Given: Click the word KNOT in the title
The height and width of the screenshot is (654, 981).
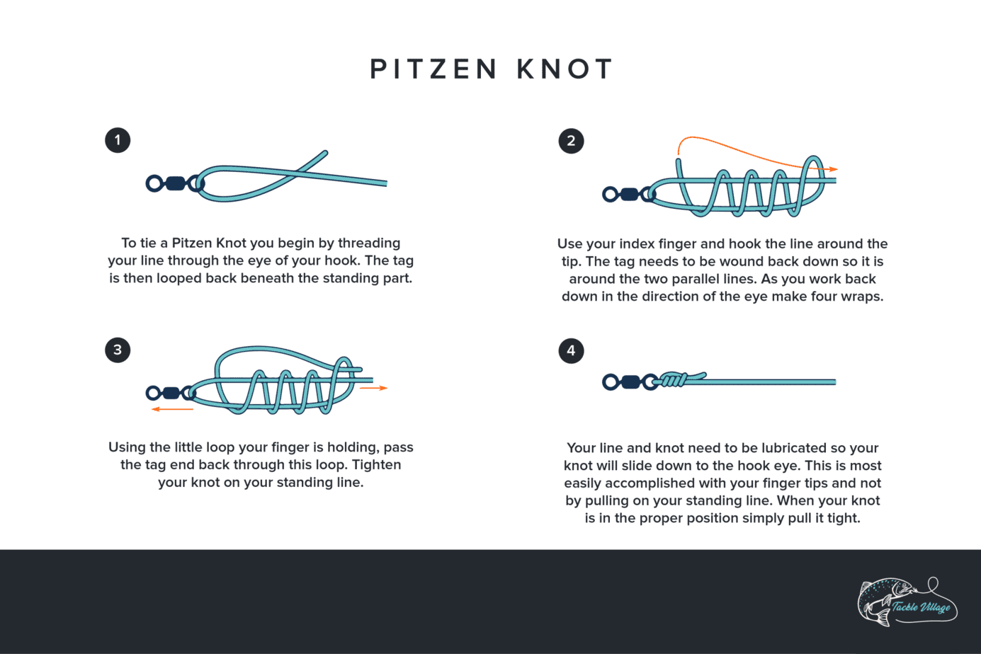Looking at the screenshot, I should click(565, 69).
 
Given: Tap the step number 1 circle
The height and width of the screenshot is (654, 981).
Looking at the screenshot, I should click(118, 140).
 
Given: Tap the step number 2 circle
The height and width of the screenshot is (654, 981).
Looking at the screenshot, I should click(571, 141).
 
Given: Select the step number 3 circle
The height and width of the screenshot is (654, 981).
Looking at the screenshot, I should click(118, 350).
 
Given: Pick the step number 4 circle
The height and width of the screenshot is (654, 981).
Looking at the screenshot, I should click(571, 350).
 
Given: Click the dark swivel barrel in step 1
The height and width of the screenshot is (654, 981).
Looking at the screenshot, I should click(175, 184).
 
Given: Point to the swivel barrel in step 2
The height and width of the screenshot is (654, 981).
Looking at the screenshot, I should click(629, 194).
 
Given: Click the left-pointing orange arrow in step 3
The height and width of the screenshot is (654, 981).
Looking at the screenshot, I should click(171, 409).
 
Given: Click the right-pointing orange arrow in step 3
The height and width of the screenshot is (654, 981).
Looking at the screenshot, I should click(374, 388).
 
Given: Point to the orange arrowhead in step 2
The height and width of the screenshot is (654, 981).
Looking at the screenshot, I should click(834, 169).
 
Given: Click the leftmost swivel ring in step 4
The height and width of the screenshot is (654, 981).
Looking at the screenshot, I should click(610, 382).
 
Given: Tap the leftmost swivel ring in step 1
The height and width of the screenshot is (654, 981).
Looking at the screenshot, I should click(154, 184).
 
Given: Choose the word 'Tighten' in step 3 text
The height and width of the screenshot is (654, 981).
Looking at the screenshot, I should click(376, 465).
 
